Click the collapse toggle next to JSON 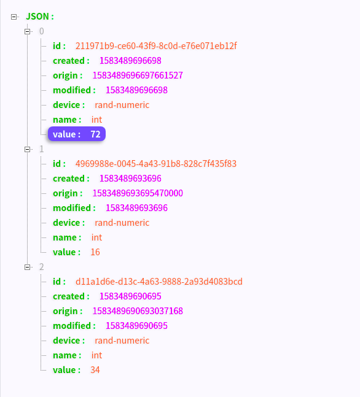point(14,17)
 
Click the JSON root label point(40,17)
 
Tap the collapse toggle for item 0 point(28,31)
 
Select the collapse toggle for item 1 point(28,149)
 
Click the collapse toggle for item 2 point(28,267)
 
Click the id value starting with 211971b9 point(156,46)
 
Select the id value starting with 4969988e point(156,164)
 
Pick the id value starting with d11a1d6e point(159,282)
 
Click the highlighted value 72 point(96,134)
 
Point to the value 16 point(95,252)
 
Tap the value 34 point(95,370)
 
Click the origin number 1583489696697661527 point(138,75)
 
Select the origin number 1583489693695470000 point(138,193)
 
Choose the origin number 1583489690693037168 point(138,311)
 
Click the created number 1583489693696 point(130,179)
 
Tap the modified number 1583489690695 point(136,326)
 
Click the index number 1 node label point(42,149)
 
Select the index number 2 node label point(42,267)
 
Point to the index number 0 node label point(42,31)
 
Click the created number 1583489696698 point(130,61)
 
